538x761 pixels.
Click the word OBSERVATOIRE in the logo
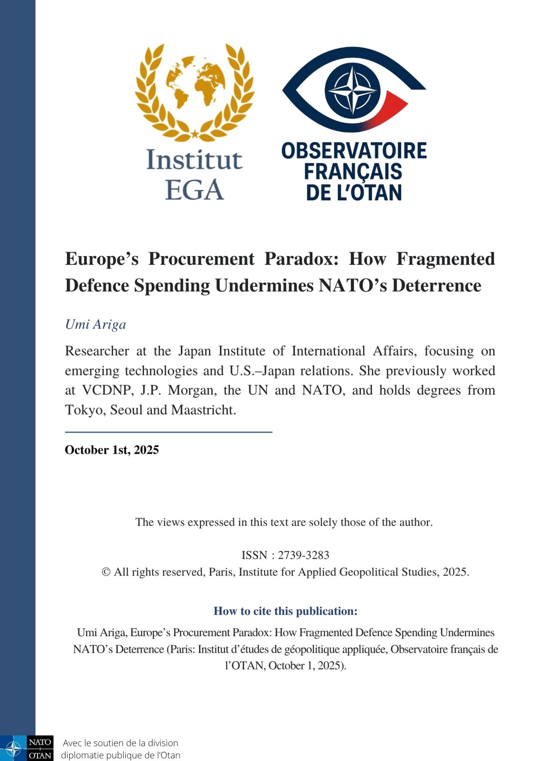(x=354, y=151)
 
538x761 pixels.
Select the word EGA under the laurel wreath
(x=194, y=190)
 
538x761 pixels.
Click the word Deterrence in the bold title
(x=437, y=285)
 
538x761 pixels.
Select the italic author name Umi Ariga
(x=96, y=324)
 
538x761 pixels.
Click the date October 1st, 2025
(x=112, y=450)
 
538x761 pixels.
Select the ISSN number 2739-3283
(x=303, y=555)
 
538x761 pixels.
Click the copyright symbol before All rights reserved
(x=106, y=572)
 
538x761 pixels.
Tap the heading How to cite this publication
(x=285, y=611)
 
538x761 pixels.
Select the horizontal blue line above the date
(x=168, y=432)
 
